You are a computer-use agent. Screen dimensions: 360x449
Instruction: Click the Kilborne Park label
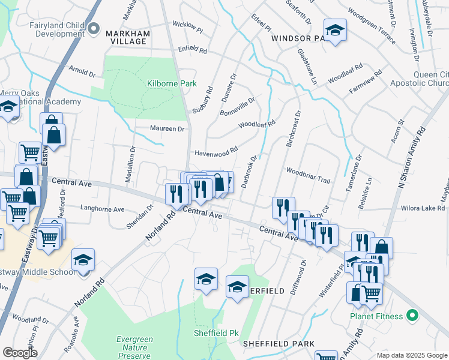[x=172, y=84]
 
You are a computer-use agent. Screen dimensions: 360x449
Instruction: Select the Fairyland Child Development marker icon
[x=93, y=28]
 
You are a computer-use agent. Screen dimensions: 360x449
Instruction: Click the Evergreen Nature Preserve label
[x=134, y=347]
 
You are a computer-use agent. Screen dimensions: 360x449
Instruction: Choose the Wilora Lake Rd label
[x=424, y=209]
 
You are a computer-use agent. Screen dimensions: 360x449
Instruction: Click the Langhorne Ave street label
[x=103, y=209]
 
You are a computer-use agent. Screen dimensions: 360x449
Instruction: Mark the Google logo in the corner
[x=19, y=353]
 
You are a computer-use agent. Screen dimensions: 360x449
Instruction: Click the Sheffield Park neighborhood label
[x=279, y=344]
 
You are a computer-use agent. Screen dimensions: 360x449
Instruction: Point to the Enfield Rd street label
[x=191, y=50]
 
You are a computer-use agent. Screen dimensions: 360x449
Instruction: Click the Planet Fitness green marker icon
[x=412, y=314]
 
